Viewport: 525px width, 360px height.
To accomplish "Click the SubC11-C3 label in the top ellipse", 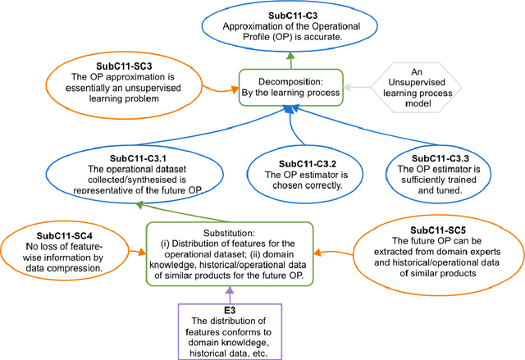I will (289, 14).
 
